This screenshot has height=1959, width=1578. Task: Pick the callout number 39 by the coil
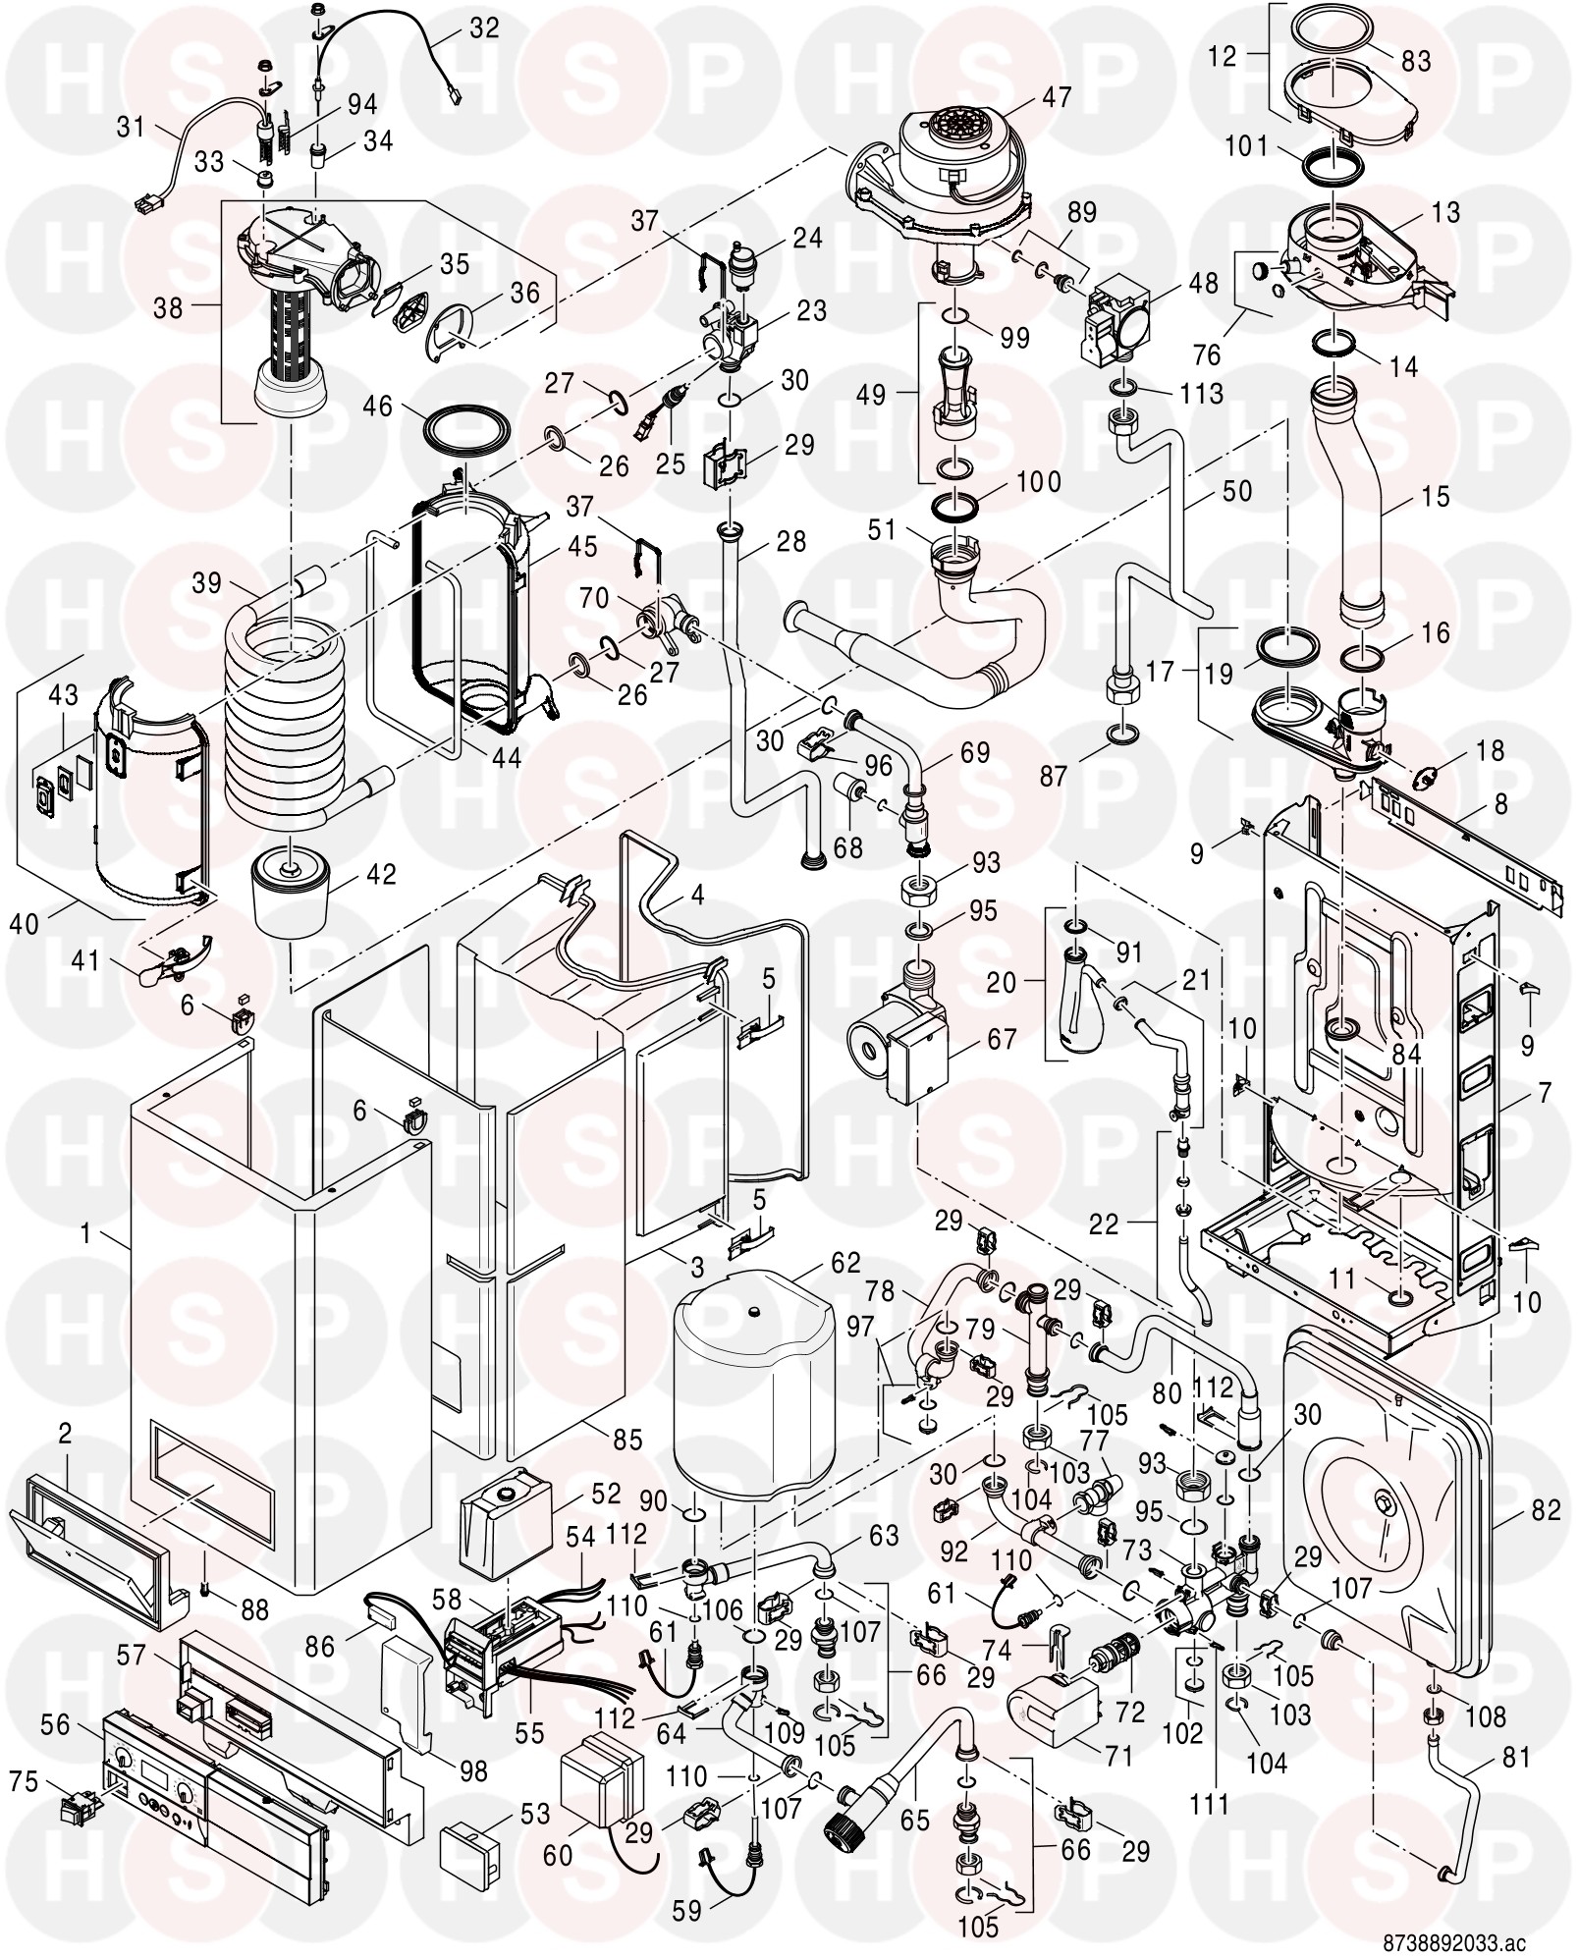coord(207,583)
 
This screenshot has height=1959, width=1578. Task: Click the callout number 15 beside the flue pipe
coord(1435,497)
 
